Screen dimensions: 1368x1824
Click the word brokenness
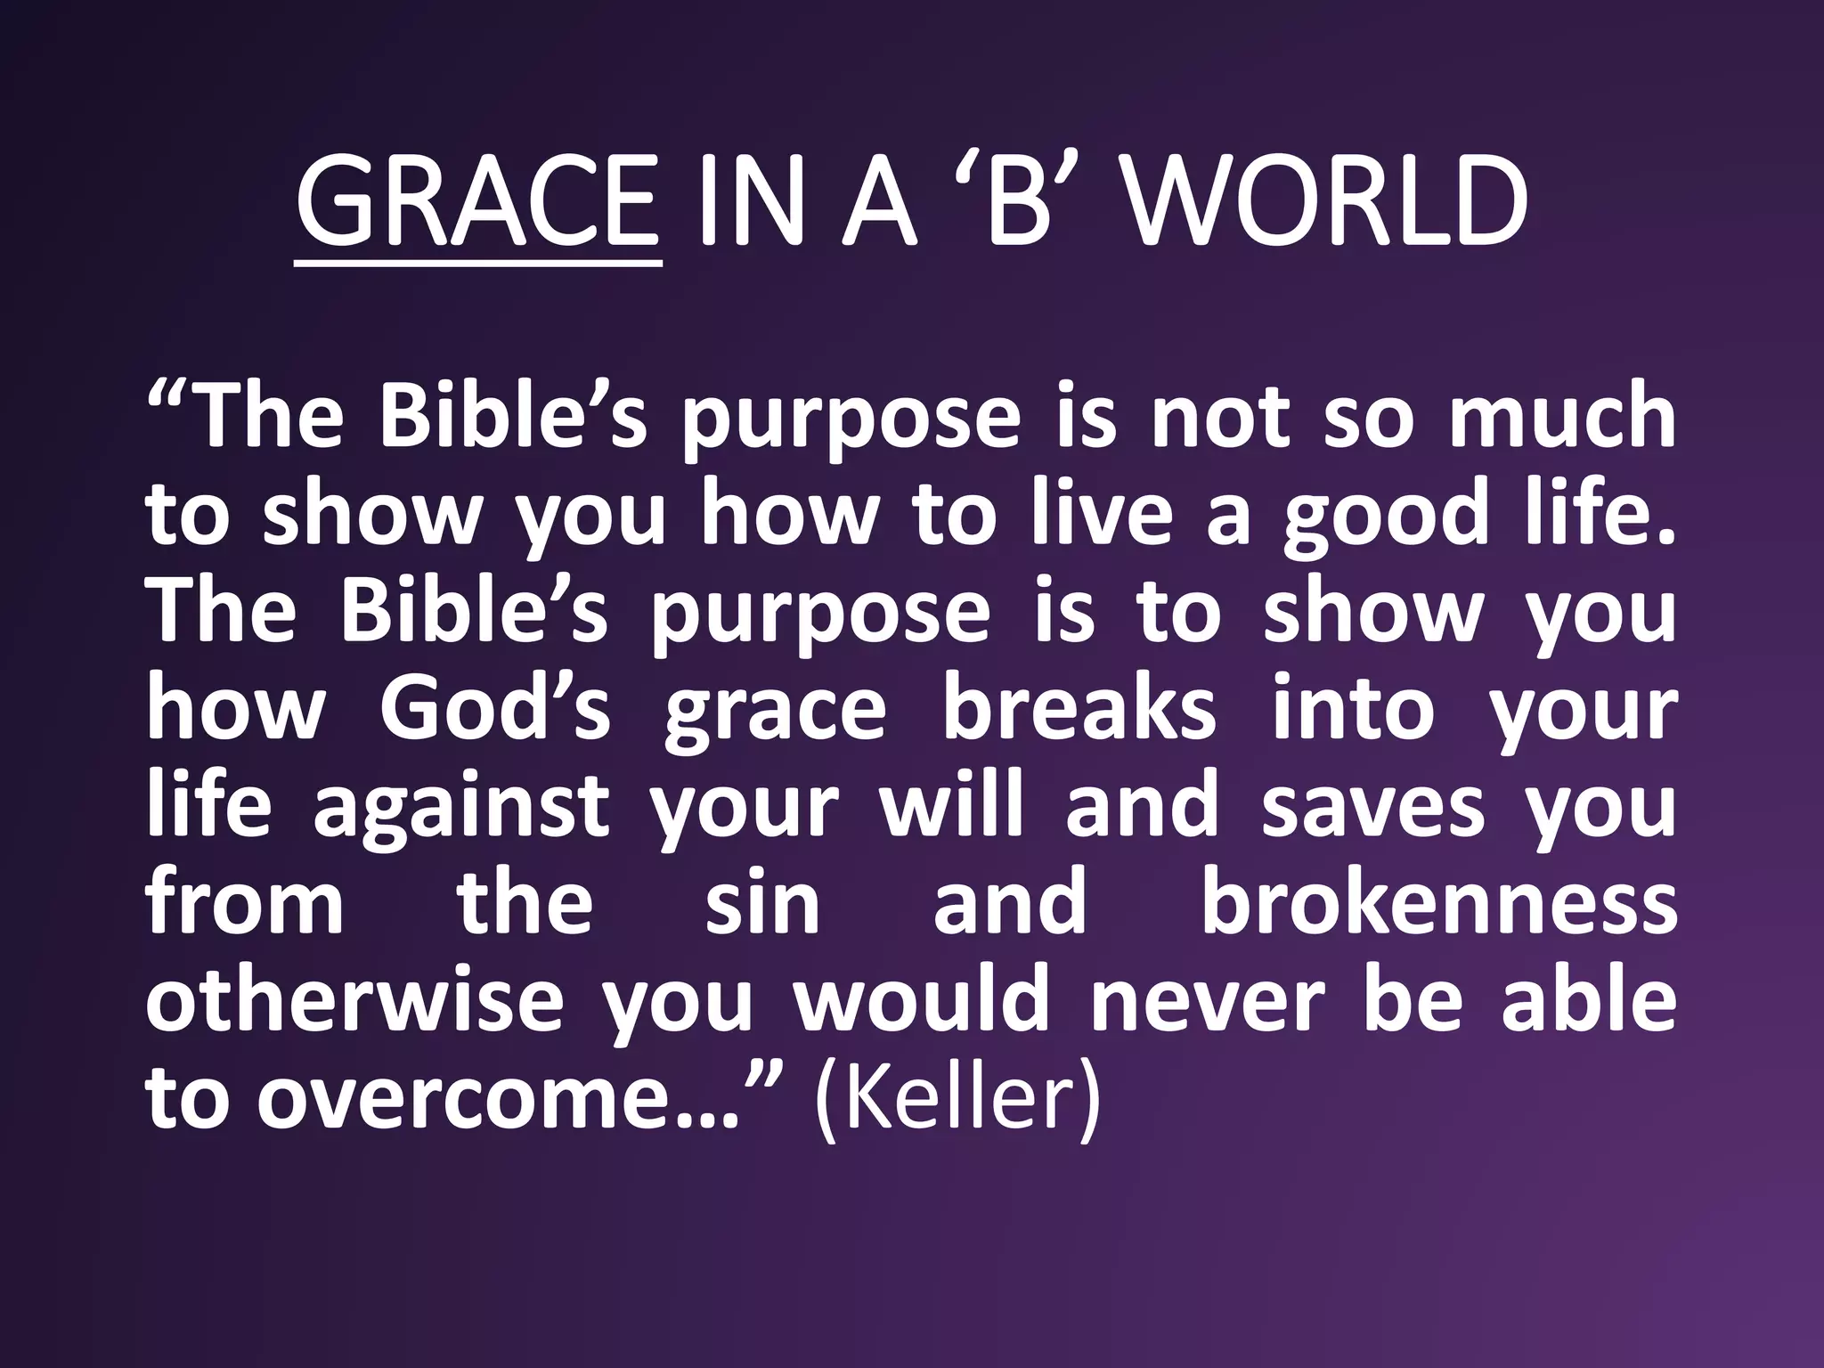tap(1438, 904)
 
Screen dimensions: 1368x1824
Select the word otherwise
tap(354, 1002)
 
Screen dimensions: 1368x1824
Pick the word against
tap(461, 806)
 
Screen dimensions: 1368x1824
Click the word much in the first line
tap(1563, 416)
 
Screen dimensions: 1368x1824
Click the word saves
tap(1372, 806)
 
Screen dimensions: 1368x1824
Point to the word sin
tap(762, 904)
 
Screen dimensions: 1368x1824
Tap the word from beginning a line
tap(245, 904)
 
